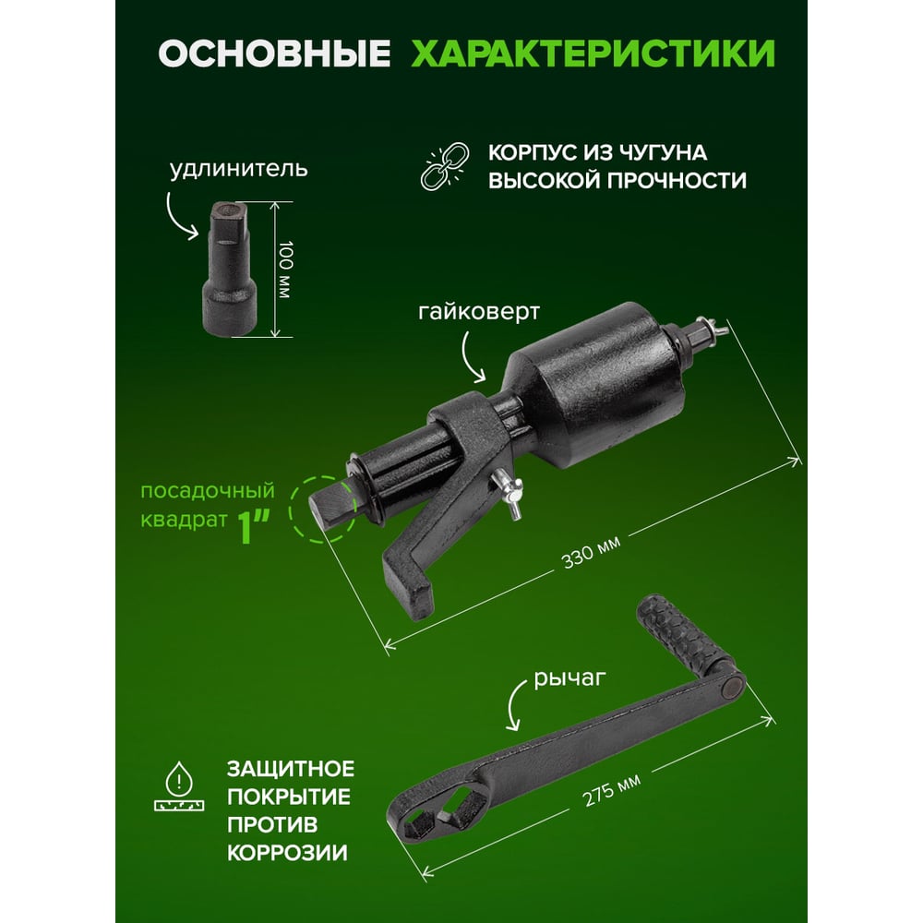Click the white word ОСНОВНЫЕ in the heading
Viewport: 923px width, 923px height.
pyautogui.click(x=274, y=54)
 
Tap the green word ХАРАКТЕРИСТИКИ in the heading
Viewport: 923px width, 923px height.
pyautogui.click(x=593, y=54)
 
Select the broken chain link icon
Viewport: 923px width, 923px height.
pyautogui.click(x=445, y=166)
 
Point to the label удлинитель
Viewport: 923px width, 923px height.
pyautogui.click(x=239, y=170)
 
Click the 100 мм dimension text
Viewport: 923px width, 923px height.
pyautogui.click(x=285, y=270)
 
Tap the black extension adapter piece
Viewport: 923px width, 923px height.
pyautogui.click(x=230, y=269)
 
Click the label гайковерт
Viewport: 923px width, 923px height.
pyautogui.click(x=478, y=311)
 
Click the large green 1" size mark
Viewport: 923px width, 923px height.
pyautogui.click(x=254, y=526)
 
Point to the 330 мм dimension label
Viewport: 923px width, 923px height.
pyautogui.click(x=591, y=553)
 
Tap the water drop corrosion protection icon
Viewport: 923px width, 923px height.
pyautogui.click(x=179, y=786)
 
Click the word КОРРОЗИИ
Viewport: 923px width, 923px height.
pyautogui.click(x=287, y=853)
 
